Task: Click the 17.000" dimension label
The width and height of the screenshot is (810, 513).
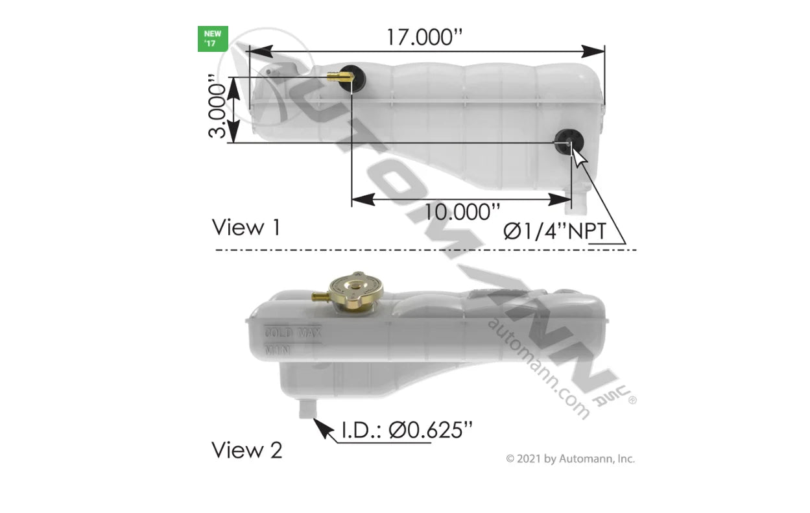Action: pos(427,36)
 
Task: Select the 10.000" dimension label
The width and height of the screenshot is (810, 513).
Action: pos(463,211)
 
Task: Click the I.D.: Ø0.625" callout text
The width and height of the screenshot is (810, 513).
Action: pos(407,430)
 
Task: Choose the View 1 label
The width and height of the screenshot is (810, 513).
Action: pos(246,228)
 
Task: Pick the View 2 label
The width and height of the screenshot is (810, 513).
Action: pos(247,449)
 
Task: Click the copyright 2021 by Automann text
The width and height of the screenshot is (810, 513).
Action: pos(570,459)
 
